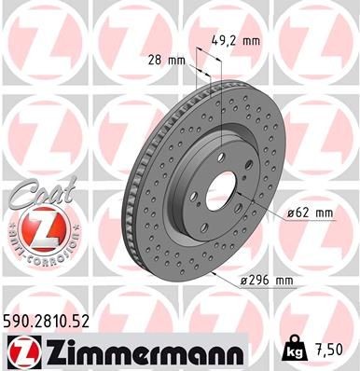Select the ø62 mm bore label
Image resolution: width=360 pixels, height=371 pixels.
[x=310, y=213]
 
